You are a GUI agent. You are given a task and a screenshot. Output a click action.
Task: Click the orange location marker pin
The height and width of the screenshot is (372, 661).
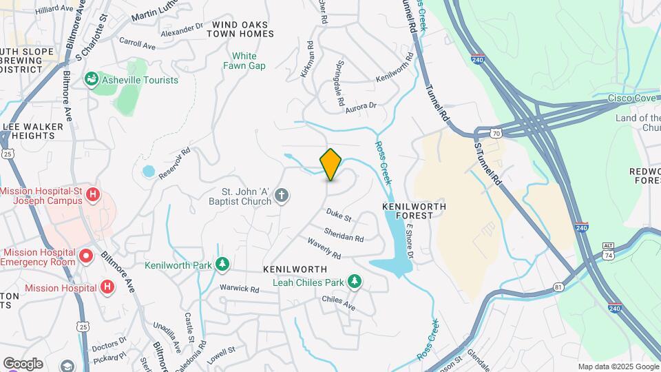[x=331, y=165]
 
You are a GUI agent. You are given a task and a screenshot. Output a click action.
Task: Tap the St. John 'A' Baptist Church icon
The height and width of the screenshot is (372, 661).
[x=281, y=196]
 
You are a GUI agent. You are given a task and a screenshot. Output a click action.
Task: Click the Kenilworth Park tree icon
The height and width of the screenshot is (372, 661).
[x=222, y=264]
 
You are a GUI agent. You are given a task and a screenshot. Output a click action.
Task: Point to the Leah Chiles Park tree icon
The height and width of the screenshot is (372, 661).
[x=354, y=280]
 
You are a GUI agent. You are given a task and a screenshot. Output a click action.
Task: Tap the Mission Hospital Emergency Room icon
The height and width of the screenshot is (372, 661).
[x=86, y=257]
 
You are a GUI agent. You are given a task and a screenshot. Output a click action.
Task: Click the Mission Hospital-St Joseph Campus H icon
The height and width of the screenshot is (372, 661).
[x=93, y=196]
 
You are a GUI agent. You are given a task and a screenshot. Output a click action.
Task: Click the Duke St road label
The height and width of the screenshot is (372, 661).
[x=339, y=216]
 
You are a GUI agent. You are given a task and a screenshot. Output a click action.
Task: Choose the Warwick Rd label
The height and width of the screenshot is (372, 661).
[x=239, y=289]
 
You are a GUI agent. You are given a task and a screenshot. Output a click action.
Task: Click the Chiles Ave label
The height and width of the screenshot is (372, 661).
[x=338, y=302]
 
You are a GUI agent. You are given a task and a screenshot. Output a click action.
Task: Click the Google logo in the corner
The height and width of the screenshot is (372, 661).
[x=23, y=364]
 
